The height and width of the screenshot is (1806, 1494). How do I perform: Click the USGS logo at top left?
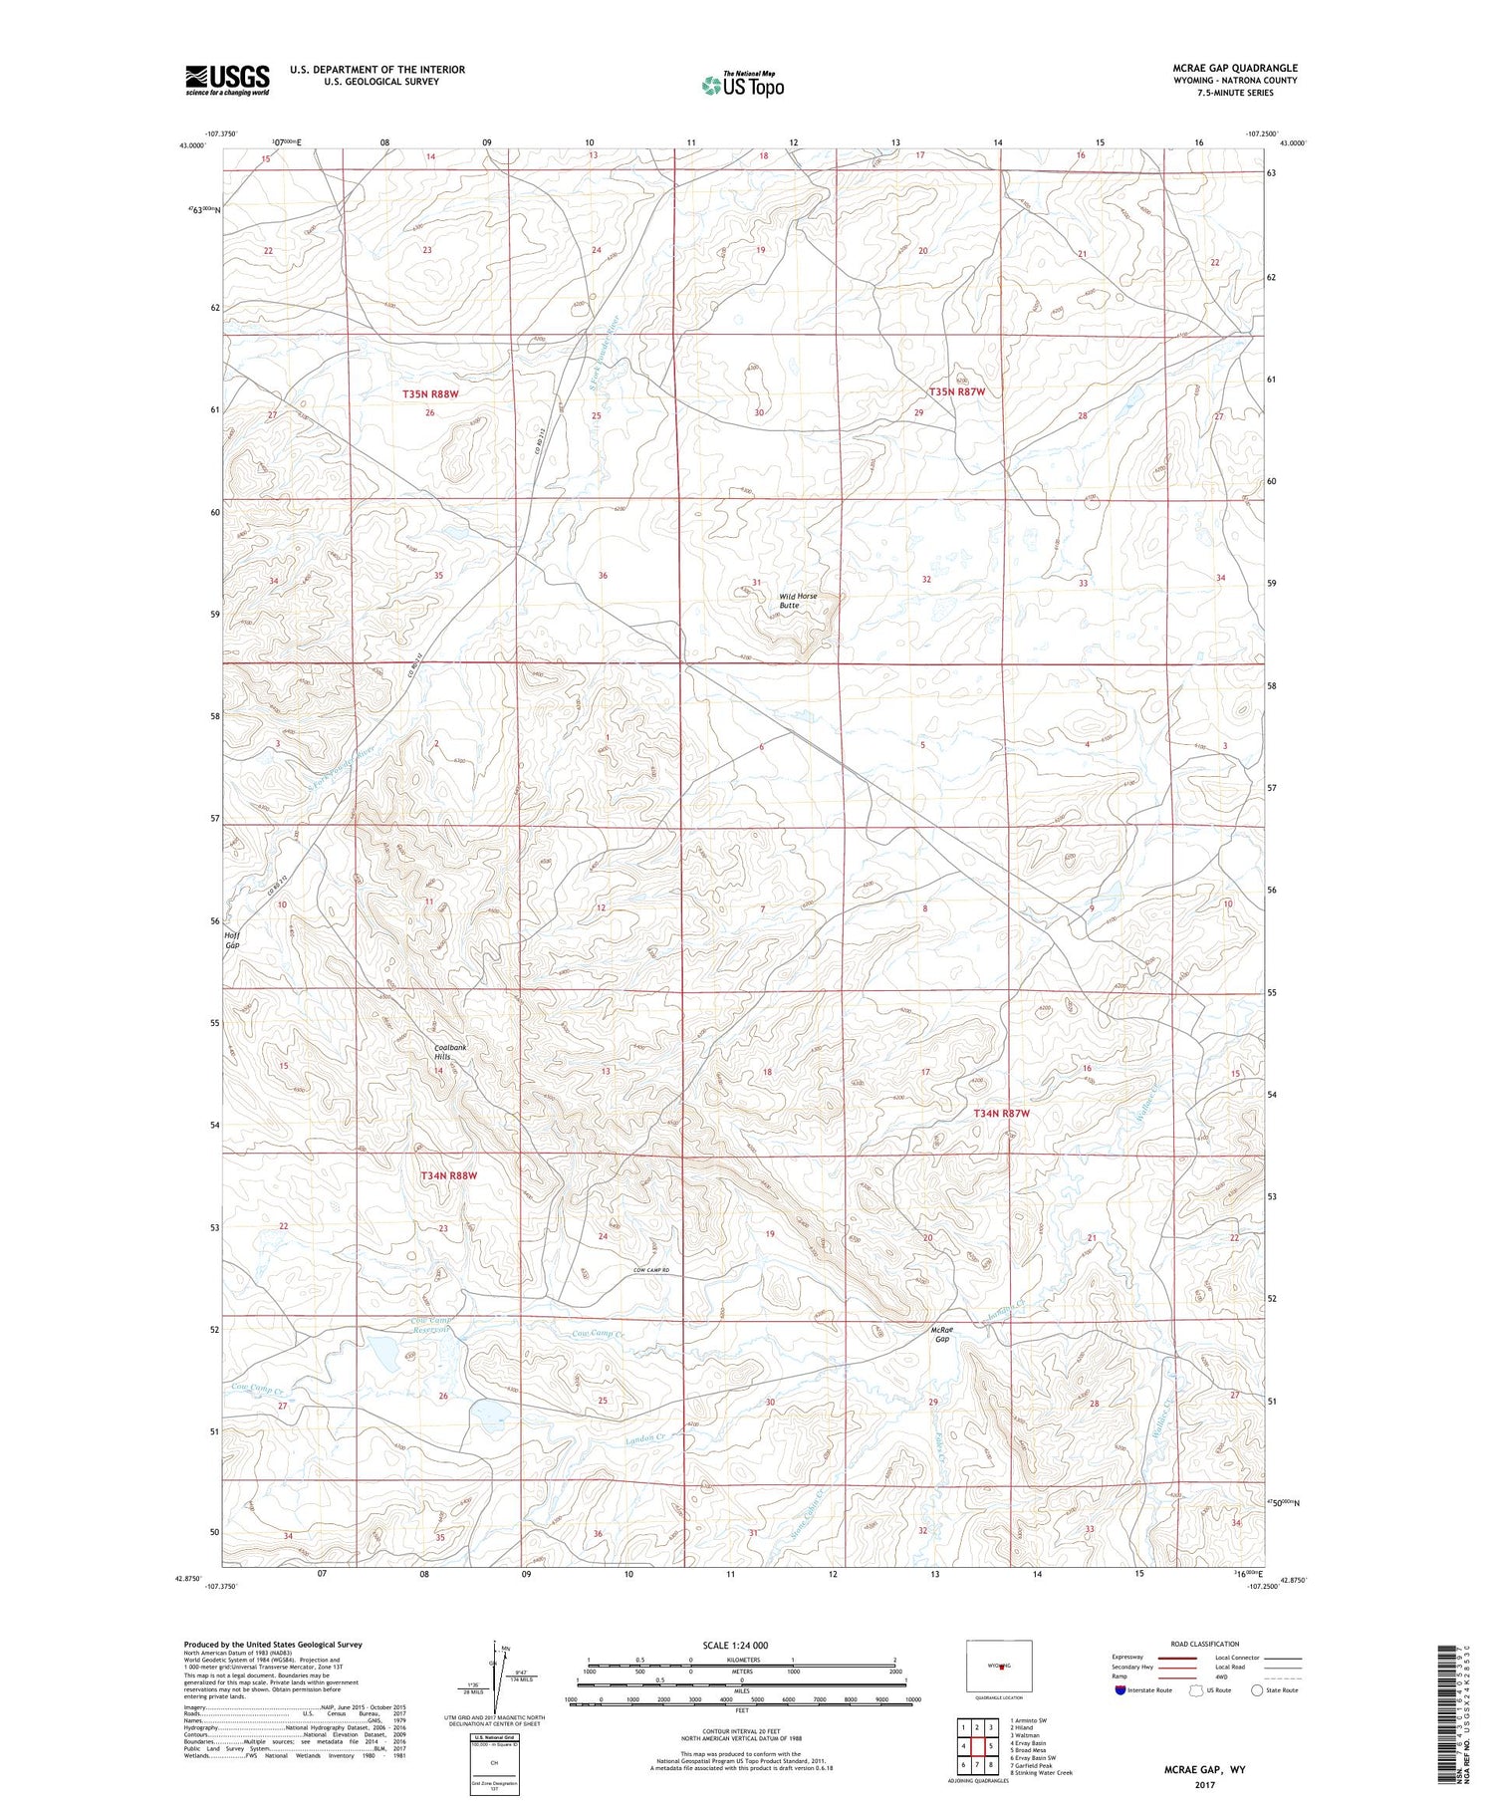pyautogui.click(x=227, y=80)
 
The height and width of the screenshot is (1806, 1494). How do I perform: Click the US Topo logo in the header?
pyautogui.click(x=742, y=86)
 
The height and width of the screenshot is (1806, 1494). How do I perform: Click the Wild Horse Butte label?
pyautogui.click(x=797, y=601)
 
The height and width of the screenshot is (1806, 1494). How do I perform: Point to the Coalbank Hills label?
pyautogui.click(x=450, y=1052)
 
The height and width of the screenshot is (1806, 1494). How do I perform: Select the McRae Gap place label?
pyautogui.click(x=942, y=1334)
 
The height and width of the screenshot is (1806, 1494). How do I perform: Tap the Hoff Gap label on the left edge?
pyautogui.click(x=232, y=939)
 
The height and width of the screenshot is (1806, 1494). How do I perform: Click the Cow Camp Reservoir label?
pyautogui.click(x=431, y=1326)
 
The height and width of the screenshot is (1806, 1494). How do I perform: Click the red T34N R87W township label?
pyautogui.click(x=1001, y=1113)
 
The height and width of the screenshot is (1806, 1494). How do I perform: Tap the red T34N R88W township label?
pyautogui.click(x=449, y=1175)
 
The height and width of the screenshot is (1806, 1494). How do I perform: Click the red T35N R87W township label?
pyautogui.click(x=957, y=392)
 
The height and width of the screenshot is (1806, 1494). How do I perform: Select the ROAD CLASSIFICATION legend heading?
pyautogui.click(x=1205, y=1644)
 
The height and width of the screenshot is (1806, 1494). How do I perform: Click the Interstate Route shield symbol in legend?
pyautogui.click(x=1120, y=1689)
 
